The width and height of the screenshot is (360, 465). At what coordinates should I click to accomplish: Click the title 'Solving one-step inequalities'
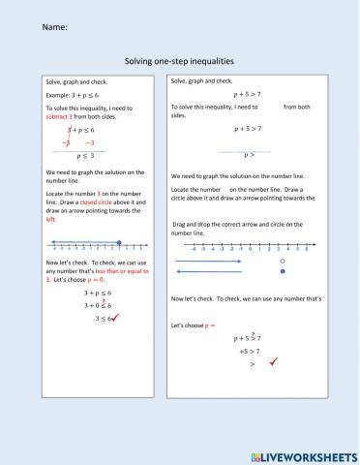pos(180,60)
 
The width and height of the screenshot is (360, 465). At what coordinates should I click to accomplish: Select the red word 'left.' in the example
pos(52,219)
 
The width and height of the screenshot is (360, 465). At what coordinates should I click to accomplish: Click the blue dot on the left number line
pos(118,243)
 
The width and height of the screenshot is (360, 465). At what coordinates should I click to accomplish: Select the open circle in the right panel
pos(282,262)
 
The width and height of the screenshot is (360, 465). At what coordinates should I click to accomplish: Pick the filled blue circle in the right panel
pos(282,273)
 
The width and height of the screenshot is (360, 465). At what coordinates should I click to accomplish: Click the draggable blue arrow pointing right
pos(209,262)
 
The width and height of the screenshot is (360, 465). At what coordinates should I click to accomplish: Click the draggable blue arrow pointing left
pos(209,273)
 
